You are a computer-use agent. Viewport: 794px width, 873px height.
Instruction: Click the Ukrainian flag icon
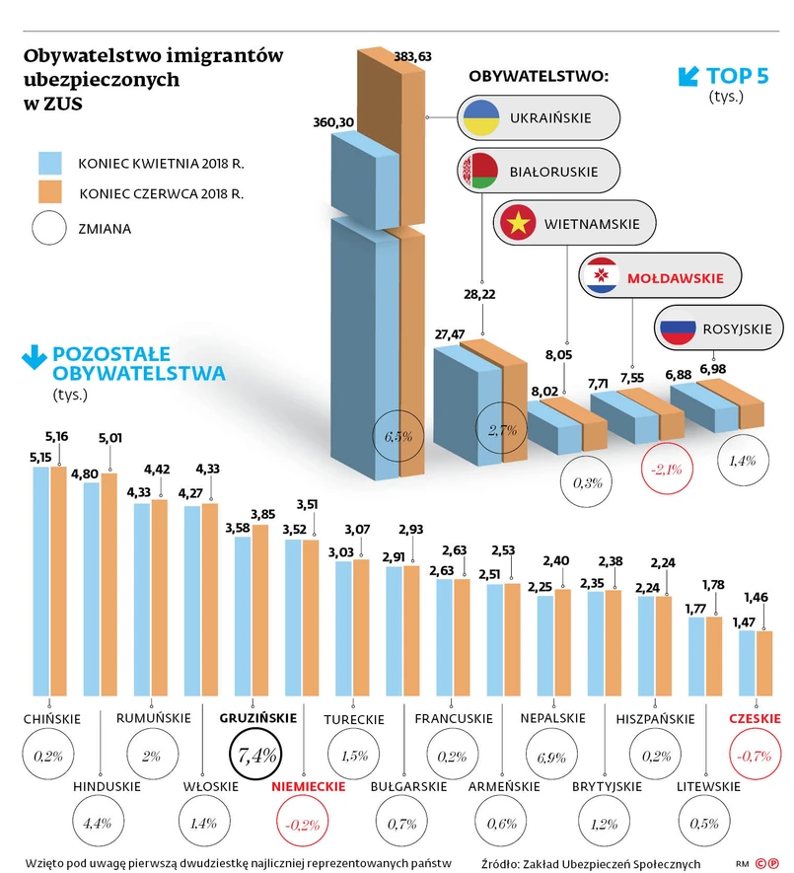pos(480,118)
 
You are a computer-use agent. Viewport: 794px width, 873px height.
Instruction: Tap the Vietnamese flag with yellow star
pos(517,223)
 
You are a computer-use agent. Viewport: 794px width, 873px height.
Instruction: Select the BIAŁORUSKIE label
pos(553,171)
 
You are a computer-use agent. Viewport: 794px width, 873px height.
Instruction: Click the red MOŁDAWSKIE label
pos(682,278)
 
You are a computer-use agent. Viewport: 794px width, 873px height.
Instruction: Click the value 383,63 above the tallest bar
pos(412,57)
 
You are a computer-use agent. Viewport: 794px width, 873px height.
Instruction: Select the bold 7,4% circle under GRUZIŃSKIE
pos(254,756)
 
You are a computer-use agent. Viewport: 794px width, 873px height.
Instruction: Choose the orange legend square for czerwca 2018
pos(49,192)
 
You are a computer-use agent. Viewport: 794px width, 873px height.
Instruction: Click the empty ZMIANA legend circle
pos(49,228)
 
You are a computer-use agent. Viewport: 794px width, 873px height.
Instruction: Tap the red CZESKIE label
pos(755,719)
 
